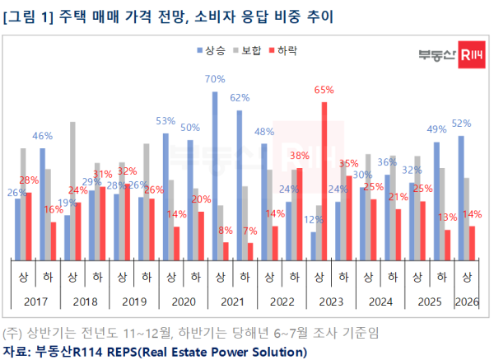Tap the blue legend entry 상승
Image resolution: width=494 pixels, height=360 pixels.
click(x=212, y=51)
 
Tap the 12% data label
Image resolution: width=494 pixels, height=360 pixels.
click(x=313, y=220)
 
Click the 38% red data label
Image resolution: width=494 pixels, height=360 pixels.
click(x=300, y=156)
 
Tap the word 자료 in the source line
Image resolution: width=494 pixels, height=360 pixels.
click(x=14, y=352)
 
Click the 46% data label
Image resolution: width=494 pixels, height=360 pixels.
click(x=43, y=136)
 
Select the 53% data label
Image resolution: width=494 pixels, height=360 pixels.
click(x=166, y=120)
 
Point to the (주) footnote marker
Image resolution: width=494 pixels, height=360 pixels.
click(x=12, y=334)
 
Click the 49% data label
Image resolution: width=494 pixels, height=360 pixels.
click(x=436, y=129)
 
